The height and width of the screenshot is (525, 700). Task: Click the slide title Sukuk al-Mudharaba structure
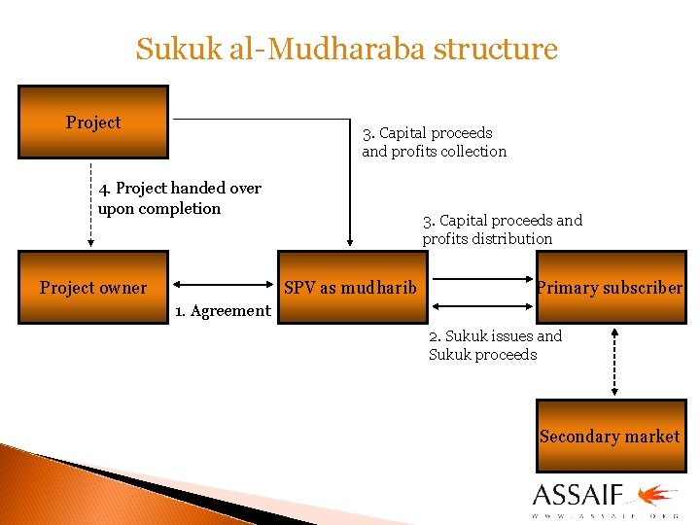[x=347, y=49]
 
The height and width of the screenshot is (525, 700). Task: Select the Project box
[x=93, y=122]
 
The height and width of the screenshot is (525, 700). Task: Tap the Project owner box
[x=93, y=288]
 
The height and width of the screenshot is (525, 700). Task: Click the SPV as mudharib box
[x=350, y=288]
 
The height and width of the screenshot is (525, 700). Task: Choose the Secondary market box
[x=610, y=437]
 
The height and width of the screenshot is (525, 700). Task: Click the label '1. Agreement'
[x=223, y=311]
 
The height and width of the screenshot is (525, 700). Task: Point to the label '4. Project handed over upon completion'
[x=180, y=198]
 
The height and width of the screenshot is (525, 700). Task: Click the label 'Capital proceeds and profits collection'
[x=434, y=142]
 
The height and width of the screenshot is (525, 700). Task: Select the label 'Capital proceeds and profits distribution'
[x=502, y=229]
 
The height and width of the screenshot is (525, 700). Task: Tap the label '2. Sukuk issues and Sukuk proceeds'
[x=495, y=345]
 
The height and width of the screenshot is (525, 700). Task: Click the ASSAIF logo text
[x=577, y=494]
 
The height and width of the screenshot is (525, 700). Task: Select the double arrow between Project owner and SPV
[x=223, y=286]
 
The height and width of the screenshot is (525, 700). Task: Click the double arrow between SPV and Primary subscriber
[x=482, y=279]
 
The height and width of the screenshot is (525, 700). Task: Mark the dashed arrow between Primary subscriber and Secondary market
[x=614, y=361]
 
